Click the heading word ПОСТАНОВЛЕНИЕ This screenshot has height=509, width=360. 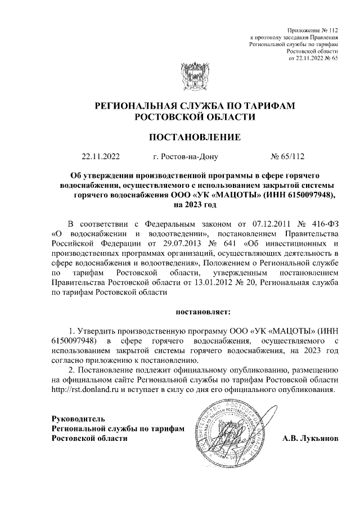pyautogui.click(x=195, y=137)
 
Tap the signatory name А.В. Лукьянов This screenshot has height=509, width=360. pyautogui.click(x=310, y=438)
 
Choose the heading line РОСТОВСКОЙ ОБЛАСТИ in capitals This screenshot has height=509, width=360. pyautogui.click(x=195, y=116)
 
